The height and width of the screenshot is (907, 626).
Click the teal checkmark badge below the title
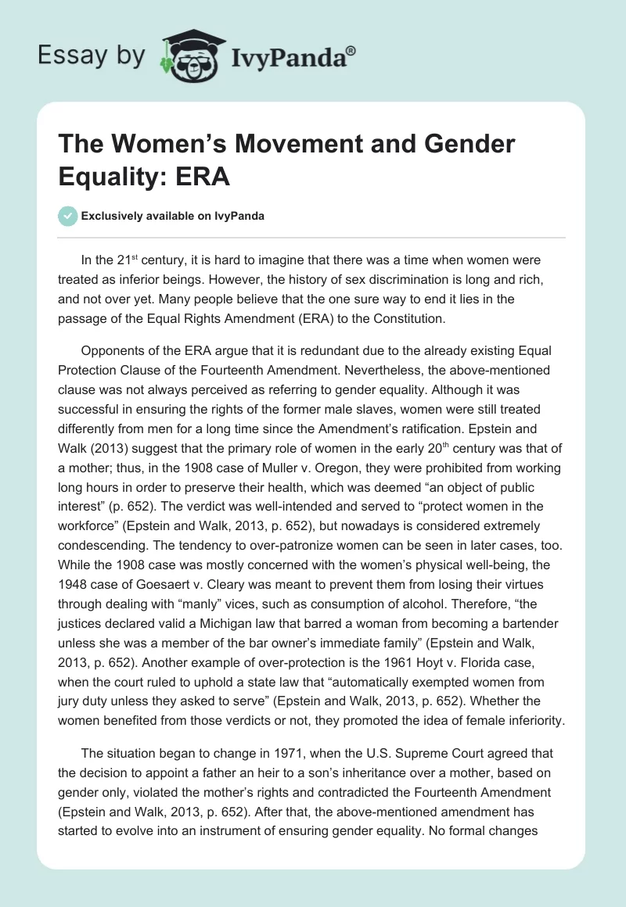[x=68, y=217]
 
